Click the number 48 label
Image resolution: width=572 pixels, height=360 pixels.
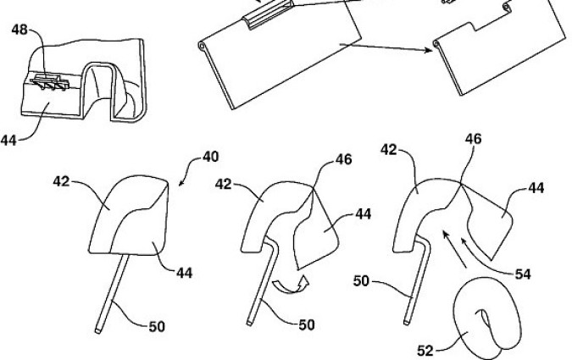point(18,29)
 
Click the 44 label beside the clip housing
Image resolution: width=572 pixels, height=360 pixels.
point(10,140)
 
